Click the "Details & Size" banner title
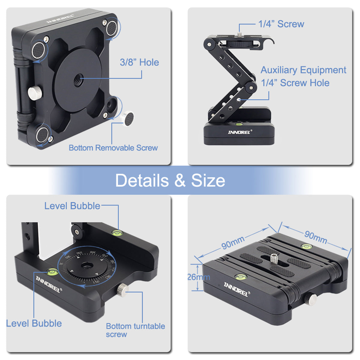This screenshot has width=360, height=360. [x=170, y=181]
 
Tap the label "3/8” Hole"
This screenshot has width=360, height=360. [x=139, y=62]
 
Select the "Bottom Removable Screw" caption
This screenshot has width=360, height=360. [x=113, y=148]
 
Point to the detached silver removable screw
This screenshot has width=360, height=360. [x=128, y=118]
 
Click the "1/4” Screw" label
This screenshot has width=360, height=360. [x=281, y=24]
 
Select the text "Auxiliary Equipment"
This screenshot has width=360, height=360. [x=303, y=70]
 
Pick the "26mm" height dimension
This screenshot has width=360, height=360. [x=199, y=277]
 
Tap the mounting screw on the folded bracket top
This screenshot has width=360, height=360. [x=274, y=258]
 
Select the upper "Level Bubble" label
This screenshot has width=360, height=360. [x=72, y=206]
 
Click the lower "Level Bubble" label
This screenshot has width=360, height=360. [x=34, y=323]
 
